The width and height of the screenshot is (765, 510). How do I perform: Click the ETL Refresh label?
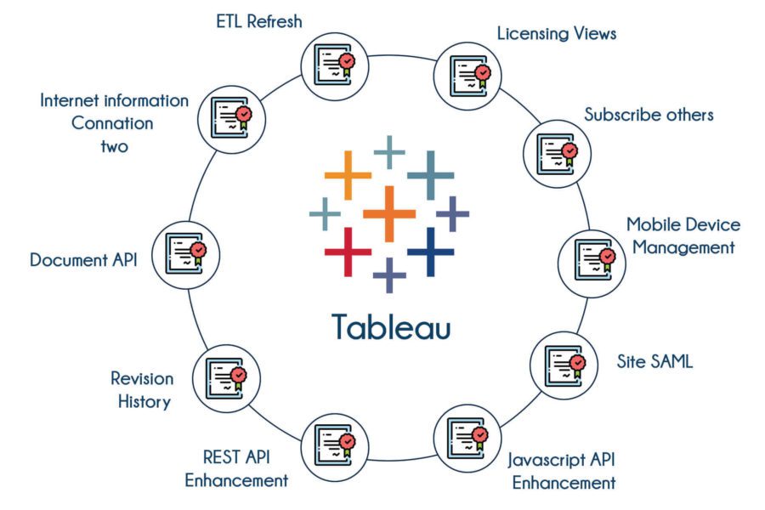[x=259, y=21]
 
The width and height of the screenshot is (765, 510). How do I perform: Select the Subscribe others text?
[x=649, y=115]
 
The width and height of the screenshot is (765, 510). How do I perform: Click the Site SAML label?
[x=654, y=361]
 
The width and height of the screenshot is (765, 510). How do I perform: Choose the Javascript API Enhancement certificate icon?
[x=467, y=438]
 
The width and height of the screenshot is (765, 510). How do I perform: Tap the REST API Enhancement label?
[x=236, y=469]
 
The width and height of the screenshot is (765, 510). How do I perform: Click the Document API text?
[x=83, y=259]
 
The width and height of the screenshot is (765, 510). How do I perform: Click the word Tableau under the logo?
[x=391, y=326]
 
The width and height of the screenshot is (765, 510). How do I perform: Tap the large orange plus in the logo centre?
[x=388, y=213]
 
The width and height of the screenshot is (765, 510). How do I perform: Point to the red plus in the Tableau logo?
[x=348, y=252]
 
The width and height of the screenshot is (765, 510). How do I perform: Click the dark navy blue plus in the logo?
[x=430, y=252]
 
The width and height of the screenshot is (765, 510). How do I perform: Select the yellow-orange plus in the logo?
[x=348, y=175]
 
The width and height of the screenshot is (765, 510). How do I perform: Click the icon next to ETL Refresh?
[x=335, y=67]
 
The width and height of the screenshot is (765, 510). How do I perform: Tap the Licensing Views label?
[x=557, y=34]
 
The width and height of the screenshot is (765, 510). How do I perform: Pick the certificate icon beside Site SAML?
[x=564, y=365]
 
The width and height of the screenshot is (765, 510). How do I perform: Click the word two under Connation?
[x=114, y=146]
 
